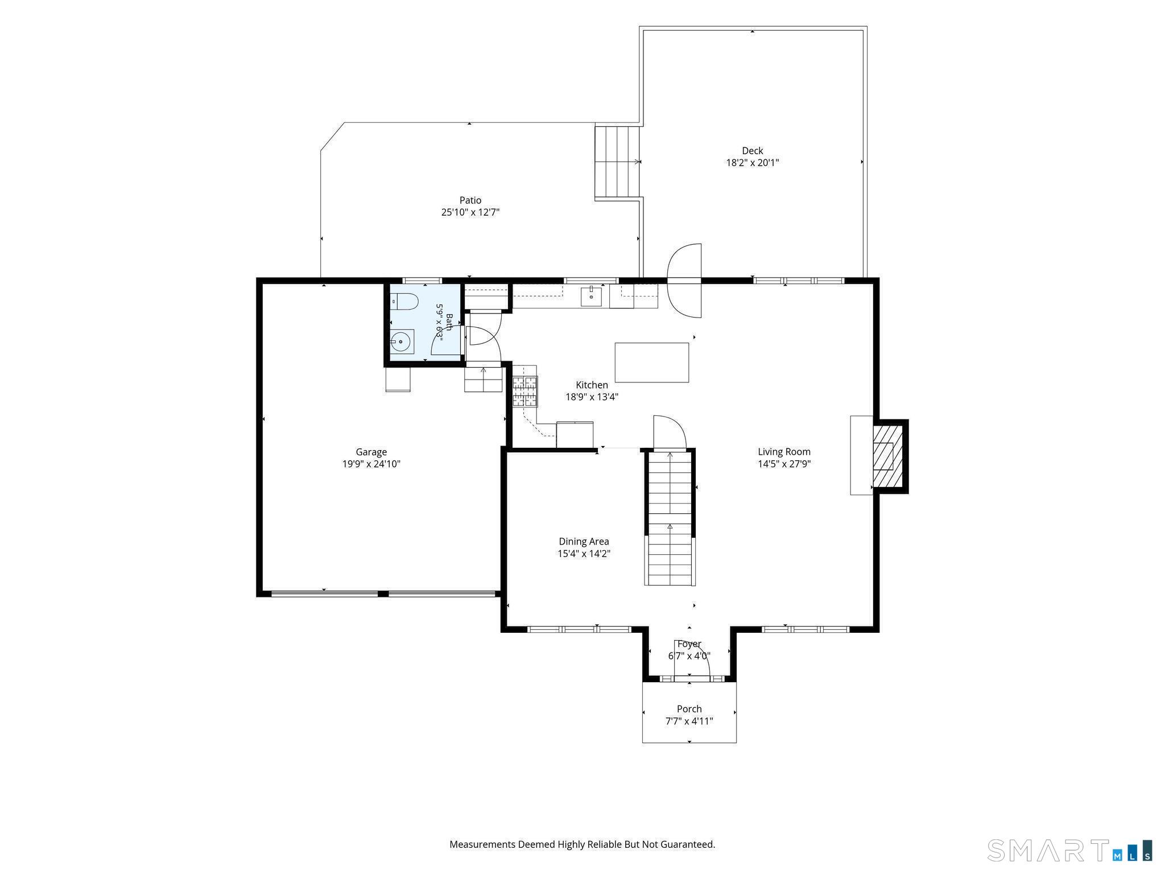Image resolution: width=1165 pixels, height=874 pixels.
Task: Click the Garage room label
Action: [371, 452]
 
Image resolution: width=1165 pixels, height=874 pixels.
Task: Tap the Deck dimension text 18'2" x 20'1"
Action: [752, 163]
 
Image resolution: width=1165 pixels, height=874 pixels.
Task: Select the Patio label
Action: [470, 200]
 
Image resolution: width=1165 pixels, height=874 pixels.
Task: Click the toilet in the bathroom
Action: [404, 301]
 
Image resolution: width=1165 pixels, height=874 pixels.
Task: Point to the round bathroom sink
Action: [402, 341]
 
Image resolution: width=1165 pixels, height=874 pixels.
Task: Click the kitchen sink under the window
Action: [592, 296]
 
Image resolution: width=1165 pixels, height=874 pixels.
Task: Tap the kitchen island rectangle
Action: [652, 362]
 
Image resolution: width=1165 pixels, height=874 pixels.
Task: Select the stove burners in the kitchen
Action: [525, 391]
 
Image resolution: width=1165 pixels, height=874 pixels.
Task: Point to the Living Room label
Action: [784, 452]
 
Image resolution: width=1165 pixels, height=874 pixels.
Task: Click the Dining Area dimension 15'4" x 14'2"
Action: [584, 554]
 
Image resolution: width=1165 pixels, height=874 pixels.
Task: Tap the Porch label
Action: [689, 709]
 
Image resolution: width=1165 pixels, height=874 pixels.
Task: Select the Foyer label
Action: [689, 644]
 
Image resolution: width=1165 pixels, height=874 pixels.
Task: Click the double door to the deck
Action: [684, 281]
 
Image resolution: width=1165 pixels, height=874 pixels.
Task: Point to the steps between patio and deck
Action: [618, 162]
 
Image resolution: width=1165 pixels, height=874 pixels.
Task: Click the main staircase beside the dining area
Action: [670, 518]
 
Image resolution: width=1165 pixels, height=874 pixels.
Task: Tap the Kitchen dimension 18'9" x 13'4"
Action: [592, 397]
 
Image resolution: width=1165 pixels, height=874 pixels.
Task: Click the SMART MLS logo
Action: [1070, 851]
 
